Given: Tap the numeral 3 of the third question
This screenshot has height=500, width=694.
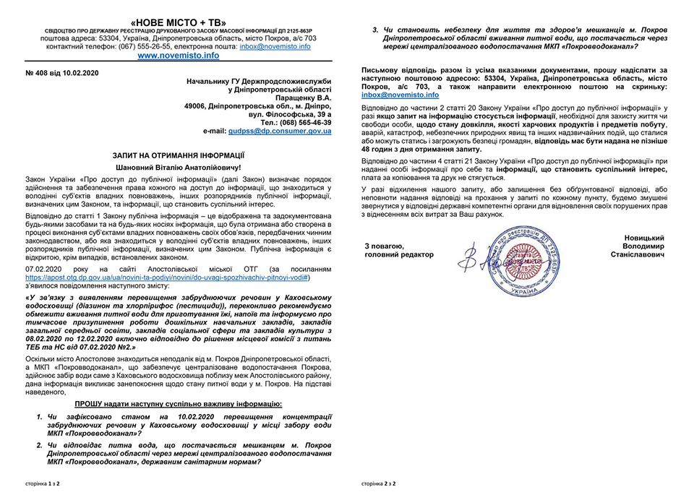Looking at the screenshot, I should click(376, 28).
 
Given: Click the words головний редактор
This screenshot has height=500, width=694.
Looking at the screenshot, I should click(399, 254).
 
